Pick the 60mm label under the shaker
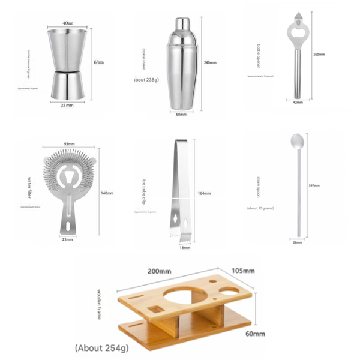(181, 114)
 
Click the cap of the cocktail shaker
(181, 25)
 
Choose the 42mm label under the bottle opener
(298, 103)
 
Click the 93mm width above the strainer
(69, 143)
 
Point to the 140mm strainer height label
(107, 193)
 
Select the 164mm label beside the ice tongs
(205, 193)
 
